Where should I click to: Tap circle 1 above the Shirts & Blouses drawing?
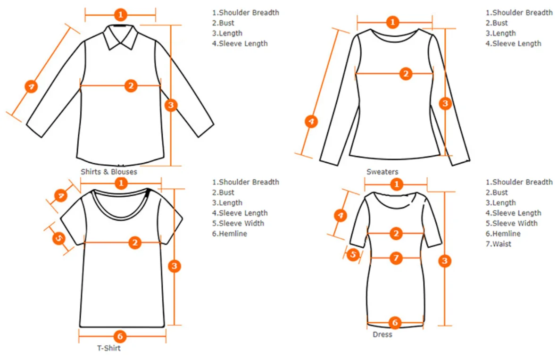click(121, 15)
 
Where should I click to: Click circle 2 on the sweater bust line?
click(406, 74)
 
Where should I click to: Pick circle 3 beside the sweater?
click(445, 103)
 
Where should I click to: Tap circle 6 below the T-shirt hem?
click(120, 336)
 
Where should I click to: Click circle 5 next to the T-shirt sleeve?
click(58, 239)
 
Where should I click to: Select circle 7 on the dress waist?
click(396, 258)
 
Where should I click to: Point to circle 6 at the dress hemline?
click(395, 323)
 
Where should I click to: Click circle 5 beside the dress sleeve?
click(353, 255)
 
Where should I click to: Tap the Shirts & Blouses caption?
click(109, 172)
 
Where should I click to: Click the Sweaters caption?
click(382, 172)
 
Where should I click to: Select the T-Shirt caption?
click(109, 348)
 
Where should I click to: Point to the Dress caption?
click(382, 335)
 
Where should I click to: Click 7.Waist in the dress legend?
click(499, 244)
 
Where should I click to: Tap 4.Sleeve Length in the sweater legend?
click(514, 43)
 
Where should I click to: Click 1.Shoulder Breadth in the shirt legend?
click(245, 13)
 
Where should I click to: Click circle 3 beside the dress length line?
click(444, 261)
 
